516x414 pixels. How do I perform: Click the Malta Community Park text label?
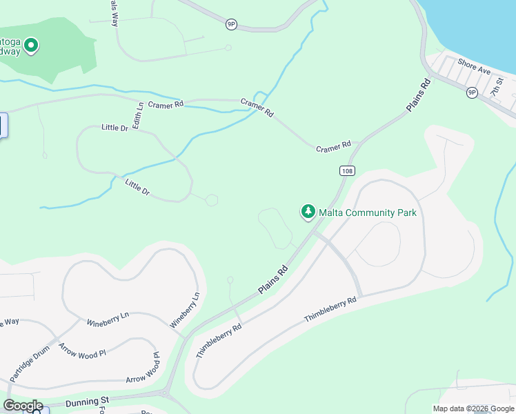368,213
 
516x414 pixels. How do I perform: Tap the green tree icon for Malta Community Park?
308,212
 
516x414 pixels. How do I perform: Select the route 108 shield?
347,170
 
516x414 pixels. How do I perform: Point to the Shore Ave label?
474,67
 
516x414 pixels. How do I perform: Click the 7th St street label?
497,87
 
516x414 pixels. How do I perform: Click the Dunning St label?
88,400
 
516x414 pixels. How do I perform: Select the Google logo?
23,406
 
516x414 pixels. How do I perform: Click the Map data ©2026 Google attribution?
473,408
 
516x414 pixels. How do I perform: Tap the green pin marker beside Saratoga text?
30,46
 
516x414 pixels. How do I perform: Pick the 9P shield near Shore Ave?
472,92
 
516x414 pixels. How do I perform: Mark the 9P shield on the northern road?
231,24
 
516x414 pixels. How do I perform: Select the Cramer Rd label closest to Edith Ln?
166,104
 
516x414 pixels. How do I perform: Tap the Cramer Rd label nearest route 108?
333,148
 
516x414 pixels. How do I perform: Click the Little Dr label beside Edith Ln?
115,128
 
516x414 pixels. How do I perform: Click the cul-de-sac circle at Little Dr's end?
212,200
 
